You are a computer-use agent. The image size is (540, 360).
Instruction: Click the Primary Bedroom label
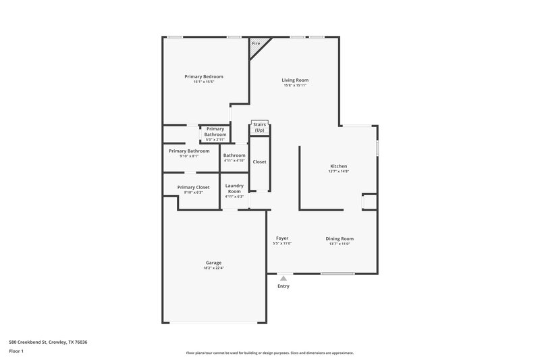coord(204,76)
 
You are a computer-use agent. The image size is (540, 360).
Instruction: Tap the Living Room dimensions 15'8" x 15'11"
coord(295,86)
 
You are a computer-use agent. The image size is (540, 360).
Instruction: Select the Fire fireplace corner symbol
coord(256,46)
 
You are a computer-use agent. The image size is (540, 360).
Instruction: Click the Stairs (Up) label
coord(259,127)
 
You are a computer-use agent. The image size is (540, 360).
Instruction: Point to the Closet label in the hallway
coord(259,162)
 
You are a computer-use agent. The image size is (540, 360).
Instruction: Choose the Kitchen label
coord(339,166)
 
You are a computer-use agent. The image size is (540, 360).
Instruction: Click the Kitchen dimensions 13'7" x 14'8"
coord(339,172)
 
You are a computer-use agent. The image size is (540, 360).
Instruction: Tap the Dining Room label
coord(340,238)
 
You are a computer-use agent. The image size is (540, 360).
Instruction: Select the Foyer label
coord(282,238)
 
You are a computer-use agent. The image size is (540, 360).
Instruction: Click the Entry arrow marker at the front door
coord(283,278)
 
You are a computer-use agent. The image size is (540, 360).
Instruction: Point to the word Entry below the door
coord(283,286)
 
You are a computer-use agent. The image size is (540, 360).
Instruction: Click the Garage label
coord(213,263)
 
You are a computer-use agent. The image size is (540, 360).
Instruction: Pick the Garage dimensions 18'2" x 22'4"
coord(213,268)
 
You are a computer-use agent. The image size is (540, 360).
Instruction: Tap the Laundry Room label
coord(234,188)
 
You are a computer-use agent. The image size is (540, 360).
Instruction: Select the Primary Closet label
coord(193,187)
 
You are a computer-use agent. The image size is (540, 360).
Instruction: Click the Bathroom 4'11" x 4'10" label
coord(234,155)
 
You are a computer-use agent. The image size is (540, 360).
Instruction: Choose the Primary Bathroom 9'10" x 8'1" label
coord(189,151)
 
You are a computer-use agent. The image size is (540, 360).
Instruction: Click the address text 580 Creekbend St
coord(48,342)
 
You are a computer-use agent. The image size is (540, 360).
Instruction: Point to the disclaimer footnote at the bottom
coord(270,353)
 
